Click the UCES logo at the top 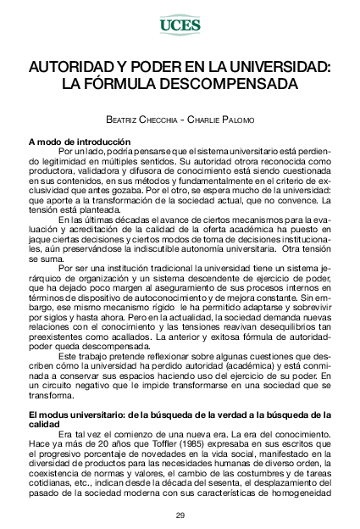click(x=180, y=25)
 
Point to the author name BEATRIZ click(x=127, y=120)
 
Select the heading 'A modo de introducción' click(x=79, y=141)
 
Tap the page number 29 click(x=180, y=515)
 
